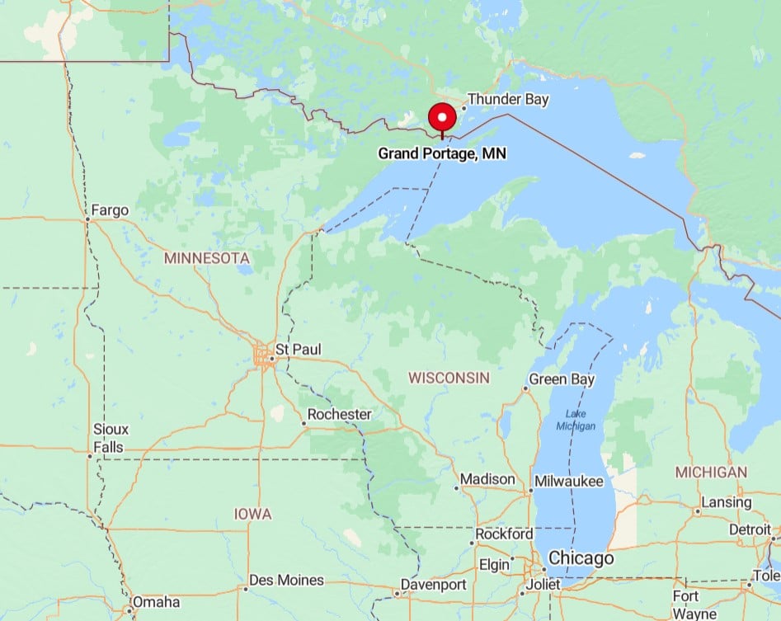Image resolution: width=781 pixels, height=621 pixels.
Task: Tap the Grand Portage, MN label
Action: point(442,153)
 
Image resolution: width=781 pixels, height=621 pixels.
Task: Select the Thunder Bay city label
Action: point(507,100)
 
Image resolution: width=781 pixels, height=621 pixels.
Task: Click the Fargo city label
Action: point(111,210)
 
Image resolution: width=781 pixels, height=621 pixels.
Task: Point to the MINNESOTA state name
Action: point(206,258)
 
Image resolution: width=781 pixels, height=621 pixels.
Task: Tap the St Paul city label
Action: point(297,350)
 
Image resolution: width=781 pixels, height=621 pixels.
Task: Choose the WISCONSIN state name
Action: point(449,378)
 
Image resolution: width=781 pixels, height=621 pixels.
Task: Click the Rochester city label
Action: point(339,414)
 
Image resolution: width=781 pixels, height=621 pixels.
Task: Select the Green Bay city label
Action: point(562,379)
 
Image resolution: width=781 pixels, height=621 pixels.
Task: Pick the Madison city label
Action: point(487,479)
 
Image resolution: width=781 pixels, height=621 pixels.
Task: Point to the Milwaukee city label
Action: point(568,482)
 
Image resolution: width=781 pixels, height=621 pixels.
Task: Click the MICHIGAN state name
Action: point(711,473)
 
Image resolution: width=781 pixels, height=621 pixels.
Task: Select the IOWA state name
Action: point(252,514)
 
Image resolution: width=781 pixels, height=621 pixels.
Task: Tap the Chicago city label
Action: point(581,558)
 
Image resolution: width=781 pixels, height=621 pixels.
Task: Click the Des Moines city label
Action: point(286,581)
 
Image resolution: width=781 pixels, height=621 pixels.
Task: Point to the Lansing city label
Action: point(726,502)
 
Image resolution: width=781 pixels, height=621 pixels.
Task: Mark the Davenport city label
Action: point(433,585)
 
